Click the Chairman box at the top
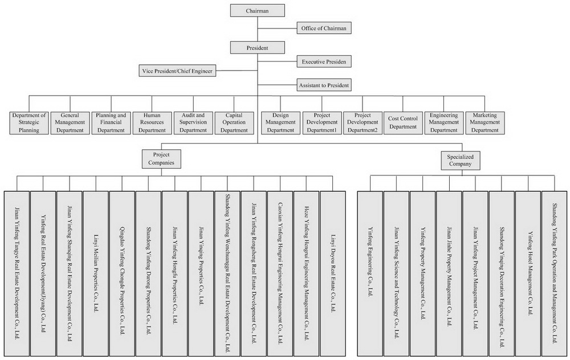[x=257, y=10]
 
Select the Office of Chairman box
[x=323, y=27]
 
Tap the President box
[x=257, y=48]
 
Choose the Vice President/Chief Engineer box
[x=178, y=71]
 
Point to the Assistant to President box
[x=324, y=85]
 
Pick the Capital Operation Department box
[x=234, y=122]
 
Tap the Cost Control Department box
[x=402, y=122]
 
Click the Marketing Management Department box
[x=485, y=122]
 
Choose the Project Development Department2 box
[x=362, y=122]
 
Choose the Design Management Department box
[x=280, y=122]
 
